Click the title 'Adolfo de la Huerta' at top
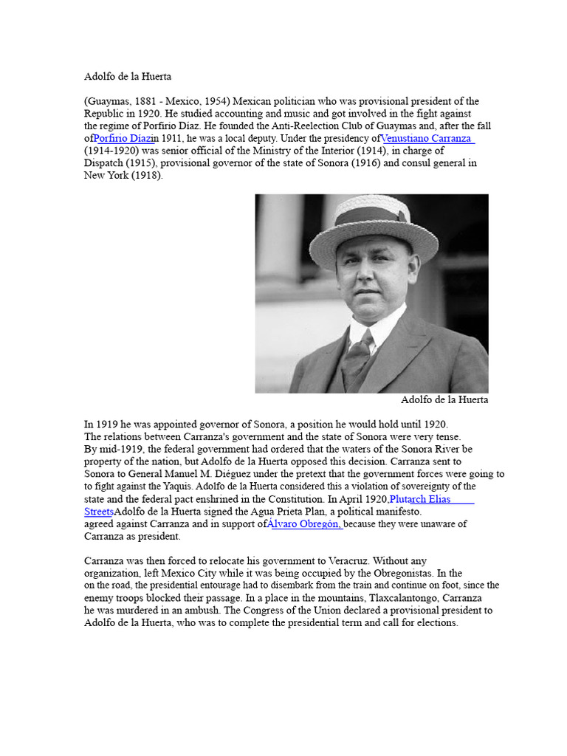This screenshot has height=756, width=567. pos(127,76)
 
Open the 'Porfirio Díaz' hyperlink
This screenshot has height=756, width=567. pos(123,139)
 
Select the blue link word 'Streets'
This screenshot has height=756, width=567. pos(99,512)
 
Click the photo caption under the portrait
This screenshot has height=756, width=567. pos(444,400)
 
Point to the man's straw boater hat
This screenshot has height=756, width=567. pos(360,221)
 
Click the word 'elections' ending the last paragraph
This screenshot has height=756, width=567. pos(434,623)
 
